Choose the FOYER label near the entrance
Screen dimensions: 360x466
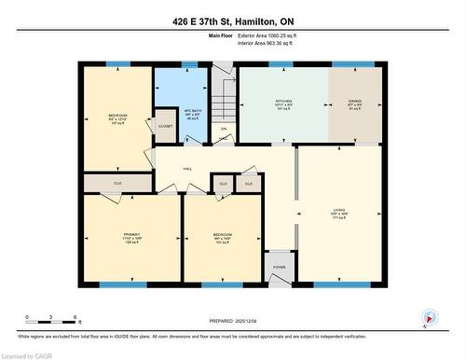(x=279, y=266)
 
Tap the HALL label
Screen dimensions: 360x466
(x=187, y=168)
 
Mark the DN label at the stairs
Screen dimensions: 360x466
(x=224, y=128)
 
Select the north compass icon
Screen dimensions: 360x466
(x=429, y=318)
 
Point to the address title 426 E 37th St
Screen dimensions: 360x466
(x=232, y=21)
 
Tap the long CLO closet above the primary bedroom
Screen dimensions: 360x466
(x=117, y=183)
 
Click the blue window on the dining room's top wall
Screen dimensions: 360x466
(x=356, y=64)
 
